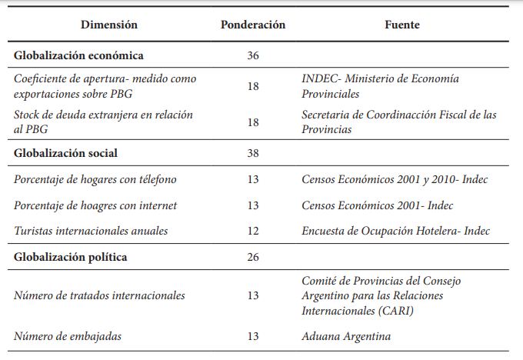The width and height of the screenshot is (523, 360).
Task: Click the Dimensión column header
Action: [x=109, y=25]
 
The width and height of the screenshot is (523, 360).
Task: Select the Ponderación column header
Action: [x=253, y=25]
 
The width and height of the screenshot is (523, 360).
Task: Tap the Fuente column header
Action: [x=402, y=25]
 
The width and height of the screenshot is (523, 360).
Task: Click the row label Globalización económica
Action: [x=78, y=55]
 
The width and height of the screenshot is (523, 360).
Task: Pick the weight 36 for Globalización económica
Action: [x=253, y=55]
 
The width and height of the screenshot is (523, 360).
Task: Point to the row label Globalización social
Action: [x=66, y=153]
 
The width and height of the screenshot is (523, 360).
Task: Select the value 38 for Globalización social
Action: [x=253, y=153]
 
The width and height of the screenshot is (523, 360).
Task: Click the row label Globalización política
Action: [x=71, y=257]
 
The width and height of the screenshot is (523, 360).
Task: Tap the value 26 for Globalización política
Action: [x=253, y=257]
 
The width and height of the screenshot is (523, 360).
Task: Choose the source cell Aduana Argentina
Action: [x=346, y=336]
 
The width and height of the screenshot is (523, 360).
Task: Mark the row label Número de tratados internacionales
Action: [x=99, y=295]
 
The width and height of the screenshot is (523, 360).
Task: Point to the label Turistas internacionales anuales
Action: [x=91, y=231]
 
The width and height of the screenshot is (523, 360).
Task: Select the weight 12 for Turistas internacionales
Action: [x=253, y=231]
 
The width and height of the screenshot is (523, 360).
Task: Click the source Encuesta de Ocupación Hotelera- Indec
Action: [x=395, y=231]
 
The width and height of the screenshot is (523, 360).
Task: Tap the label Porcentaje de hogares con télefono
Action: [x=95, y=180]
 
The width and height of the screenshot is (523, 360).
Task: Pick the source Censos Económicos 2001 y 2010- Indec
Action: [x=395, y=180]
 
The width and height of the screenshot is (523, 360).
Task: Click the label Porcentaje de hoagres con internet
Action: [x=95, y=205]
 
